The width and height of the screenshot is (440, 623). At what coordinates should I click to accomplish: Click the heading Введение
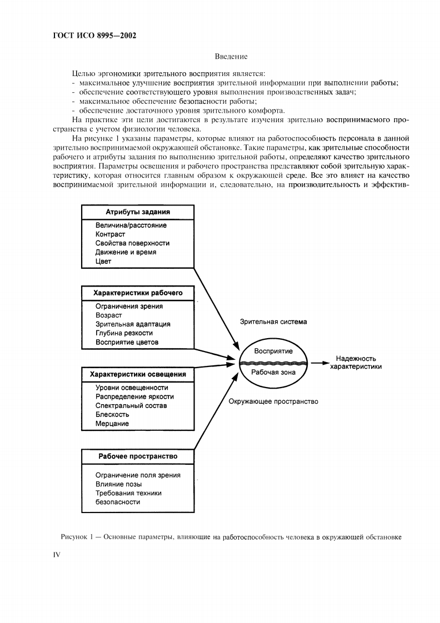[231, 56]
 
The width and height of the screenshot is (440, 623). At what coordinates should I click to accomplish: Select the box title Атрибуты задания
[138, 212]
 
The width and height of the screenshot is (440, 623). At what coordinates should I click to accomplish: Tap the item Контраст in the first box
[110, 234]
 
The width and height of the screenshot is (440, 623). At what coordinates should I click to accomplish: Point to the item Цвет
[103, 261]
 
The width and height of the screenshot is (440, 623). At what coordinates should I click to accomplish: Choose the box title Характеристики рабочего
[138, 293]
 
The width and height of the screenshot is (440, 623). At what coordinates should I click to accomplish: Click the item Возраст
[108, 315]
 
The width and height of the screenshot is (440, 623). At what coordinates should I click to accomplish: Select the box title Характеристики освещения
[138, 374]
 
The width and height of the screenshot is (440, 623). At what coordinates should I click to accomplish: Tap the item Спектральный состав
[131, 405]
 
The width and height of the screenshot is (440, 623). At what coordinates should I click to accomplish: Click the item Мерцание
[112, 424]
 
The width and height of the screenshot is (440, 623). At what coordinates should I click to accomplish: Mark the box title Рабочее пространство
[138, 456]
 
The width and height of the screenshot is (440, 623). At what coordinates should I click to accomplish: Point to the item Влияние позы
[118, 484]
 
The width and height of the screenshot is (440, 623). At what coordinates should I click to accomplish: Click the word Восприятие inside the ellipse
[273, 351]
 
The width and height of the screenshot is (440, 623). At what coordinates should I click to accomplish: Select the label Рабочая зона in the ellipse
[273, 373]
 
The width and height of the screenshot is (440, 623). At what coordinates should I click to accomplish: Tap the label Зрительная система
[273, 321]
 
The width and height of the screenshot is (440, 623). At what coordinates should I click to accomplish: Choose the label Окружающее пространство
[273, 401]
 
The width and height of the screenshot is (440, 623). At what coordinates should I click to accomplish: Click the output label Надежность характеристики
[356, 363]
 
